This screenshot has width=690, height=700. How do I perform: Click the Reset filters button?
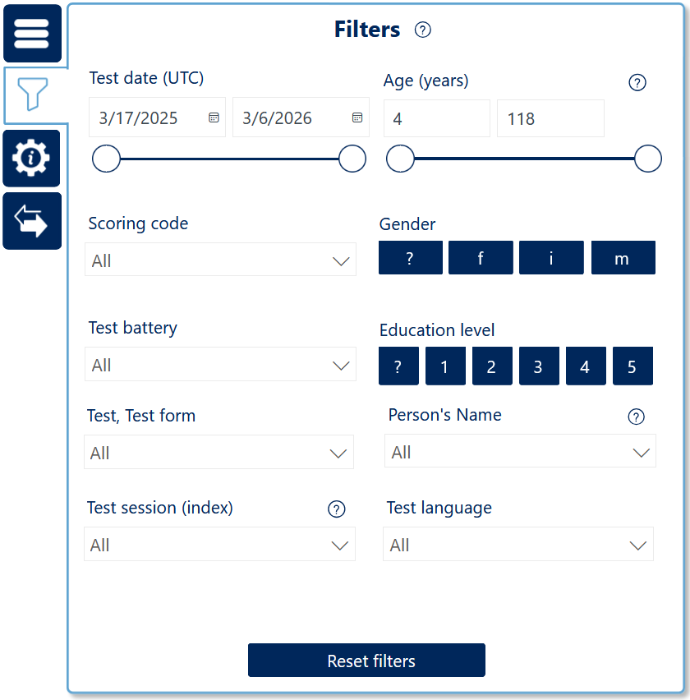click(x=366, y=661)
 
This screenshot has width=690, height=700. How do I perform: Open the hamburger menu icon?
click(x=32, y=34)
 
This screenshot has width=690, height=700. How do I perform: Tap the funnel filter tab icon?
click(x=33, y=94)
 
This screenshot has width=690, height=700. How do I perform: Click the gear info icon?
click(x=31, y=158)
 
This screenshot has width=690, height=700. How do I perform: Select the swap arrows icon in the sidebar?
click(x=30, y=221)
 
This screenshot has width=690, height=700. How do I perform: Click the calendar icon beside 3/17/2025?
click(x=214, y=117)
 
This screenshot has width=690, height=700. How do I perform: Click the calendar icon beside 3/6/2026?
click(x=357, y=117)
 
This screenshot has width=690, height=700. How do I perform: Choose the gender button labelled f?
click(x=481, y=258)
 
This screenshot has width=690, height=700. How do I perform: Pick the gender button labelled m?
click(x=623, y=258)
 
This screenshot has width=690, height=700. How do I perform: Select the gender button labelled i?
click(x=551, y=258)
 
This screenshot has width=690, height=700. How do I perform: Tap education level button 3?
click(x=539, y=366)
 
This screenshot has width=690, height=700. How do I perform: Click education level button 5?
click(x=632, y=366)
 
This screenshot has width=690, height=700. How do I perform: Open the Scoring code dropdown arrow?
click(x=341, y=261)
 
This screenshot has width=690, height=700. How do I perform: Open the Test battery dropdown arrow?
click(x=341, y=366)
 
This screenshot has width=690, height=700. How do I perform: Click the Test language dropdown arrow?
click(x=637, y=545)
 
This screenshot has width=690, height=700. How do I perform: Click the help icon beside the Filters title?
click(x=423, y=30)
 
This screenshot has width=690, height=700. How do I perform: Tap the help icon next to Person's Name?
click(x=636, y=417)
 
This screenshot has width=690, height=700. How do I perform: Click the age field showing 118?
click(x=550, y=118)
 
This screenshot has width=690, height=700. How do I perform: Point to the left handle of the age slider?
click(x=400, y=159)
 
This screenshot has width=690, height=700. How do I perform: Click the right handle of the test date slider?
click(x=352, y=159)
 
